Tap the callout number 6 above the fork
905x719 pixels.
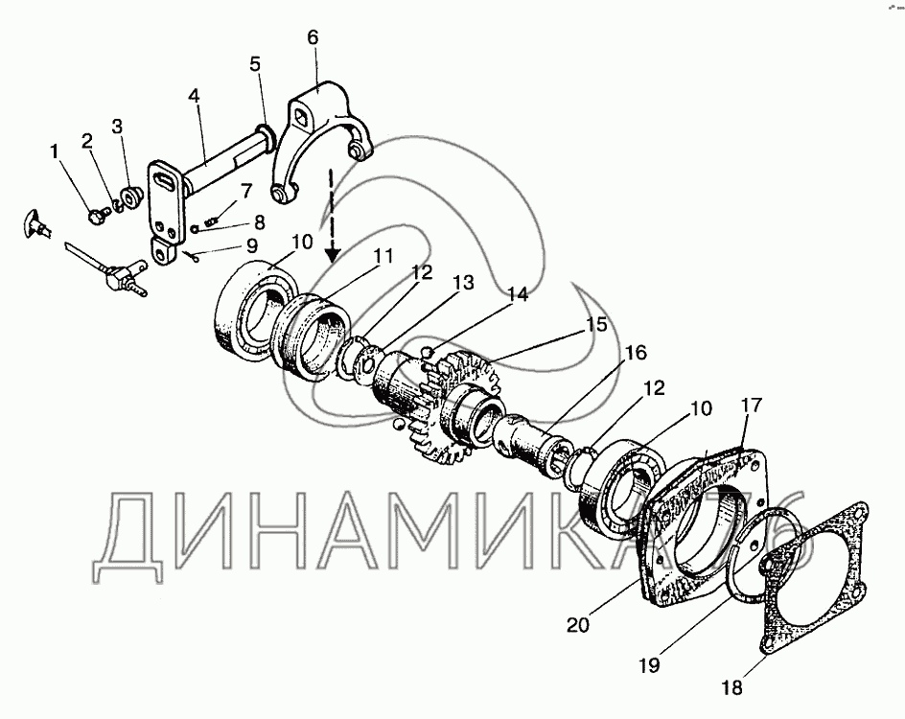313,37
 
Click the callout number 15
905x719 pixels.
597,324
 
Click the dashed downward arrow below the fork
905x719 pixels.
331,212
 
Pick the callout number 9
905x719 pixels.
251,244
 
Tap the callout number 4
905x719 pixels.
194,96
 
